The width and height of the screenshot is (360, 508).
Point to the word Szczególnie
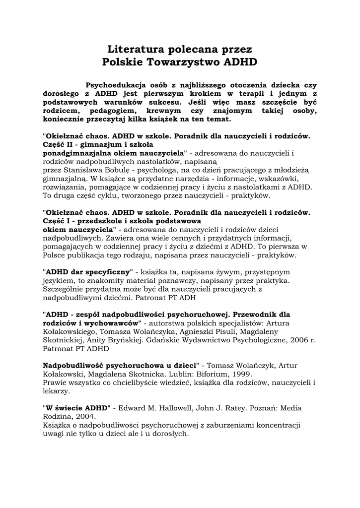(x=64, y=290)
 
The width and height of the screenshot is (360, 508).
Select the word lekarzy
(x=56, y=391)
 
